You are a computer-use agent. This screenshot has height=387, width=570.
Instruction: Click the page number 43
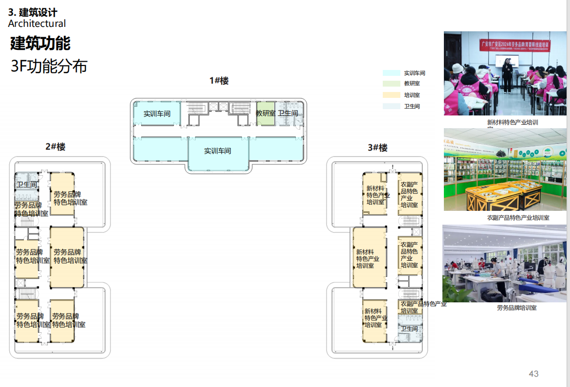coord(533,374)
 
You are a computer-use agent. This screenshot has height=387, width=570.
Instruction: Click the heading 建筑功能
coord(41,44)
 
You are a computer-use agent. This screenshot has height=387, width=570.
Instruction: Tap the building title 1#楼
coord(219,81)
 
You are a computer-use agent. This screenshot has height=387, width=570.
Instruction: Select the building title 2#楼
coord(55,146)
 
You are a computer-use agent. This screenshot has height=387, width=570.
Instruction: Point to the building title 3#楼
coord(377,148)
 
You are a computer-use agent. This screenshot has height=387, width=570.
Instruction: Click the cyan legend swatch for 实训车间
coord(392,73)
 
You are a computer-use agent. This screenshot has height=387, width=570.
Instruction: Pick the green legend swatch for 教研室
coord(392,84)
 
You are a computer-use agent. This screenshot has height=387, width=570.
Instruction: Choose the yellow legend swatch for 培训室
coord(392,95)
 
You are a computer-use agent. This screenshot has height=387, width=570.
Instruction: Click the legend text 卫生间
coord(412,106)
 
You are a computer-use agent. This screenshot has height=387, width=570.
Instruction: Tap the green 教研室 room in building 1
coord(265,114)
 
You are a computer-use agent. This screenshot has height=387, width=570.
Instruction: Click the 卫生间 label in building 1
coord(288,114)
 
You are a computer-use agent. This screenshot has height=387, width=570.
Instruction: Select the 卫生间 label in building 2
coord(27,184)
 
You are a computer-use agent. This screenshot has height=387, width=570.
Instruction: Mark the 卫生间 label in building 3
coord(410,329)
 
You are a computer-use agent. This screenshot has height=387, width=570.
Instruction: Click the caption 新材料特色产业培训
coord(512,122)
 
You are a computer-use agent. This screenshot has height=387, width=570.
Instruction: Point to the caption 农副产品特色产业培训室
coord(518,217)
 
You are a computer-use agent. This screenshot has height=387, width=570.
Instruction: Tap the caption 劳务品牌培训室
coord(517,308)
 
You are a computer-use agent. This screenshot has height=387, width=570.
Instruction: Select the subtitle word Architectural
coord(37,23)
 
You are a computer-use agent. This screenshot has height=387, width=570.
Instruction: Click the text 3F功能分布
coord(49,67)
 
